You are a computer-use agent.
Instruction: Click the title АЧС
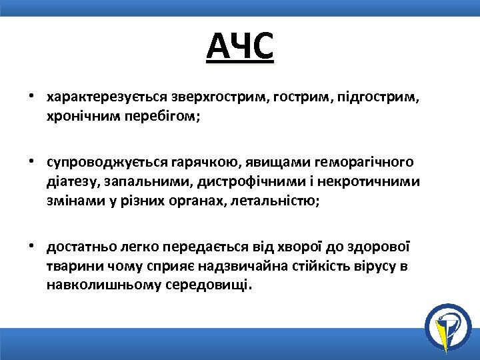click(240, 46)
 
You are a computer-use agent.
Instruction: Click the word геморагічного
click(365, 163)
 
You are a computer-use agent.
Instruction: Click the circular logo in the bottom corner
click(447, 326)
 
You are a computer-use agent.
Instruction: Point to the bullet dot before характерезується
click(31, 97)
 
